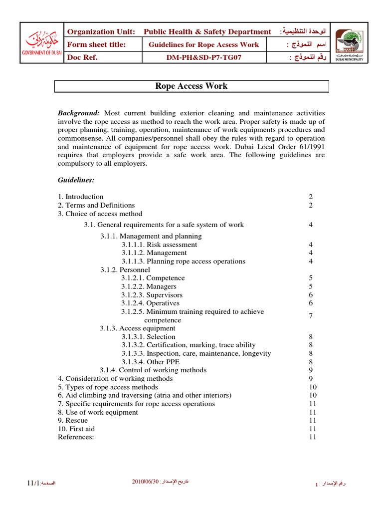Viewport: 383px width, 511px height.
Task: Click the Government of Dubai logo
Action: pos(42,43)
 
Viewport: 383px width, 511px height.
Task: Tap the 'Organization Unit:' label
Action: pos(101,31)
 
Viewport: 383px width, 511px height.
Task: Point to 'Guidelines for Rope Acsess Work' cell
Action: pos(204,44)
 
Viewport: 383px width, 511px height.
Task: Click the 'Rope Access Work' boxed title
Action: pos(191,86)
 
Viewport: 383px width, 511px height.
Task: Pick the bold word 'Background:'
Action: pos(79,113)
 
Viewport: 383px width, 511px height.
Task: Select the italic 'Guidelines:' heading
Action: pos(76,180)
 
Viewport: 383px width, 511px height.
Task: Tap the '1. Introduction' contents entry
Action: pos(81,197)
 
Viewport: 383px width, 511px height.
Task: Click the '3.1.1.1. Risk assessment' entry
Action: pos(159,245)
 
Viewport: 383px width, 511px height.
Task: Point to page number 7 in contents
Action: pos(310,316)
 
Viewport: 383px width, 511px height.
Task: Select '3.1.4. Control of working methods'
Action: pos(153,370)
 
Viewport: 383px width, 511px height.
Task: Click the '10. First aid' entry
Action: pos(76,429)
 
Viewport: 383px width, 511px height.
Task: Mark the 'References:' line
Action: pos(76,437)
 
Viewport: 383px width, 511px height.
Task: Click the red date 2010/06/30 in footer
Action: pos(145,481)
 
